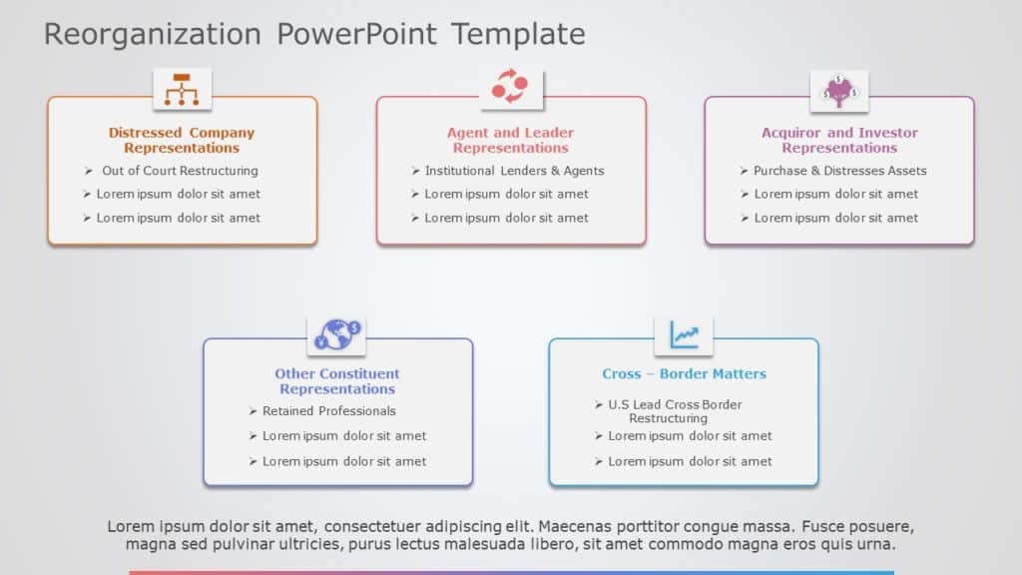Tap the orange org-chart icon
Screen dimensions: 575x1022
(x=182, y=89)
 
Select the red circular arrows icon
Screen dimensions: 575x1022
(x=510, y=88)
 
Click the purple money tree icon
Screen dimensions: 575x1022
(x=838, y=90)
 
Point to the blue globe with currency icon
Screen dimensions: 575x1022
(x=337, y=334)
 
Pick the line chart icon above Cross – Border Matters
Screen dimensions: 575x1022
(x=684, y=334)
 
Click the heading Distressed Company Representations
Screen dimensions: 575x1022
(x=182, y=140)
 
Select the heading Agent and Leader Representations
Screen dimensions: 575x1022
(x=510, y=140)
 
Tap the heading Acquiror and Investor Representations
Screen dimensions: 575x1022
(x=839, y=140)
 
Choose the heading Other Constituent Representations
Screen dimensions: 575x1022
(x=337, y=381)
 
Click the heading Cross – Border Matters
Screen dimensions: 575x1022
(x=684, y=374)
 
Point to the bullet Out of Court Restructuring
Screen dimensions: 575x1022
(x=180, y=171)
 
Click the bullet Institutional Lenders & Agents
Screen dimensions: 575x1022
(x=514, y=171)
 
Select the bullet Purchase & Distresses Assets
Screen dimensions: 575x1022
(x=839, y=171)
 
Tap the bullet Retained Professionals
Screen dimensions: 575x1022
(x=328, y=411)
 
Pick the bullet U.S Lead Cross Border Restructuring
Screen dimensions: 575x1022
(x=675, y=411)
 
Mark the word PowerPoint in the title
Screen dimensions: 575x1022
(x=357, y=35)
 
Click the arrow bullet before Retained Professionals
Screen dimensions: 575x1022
(x=253, y=411)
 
